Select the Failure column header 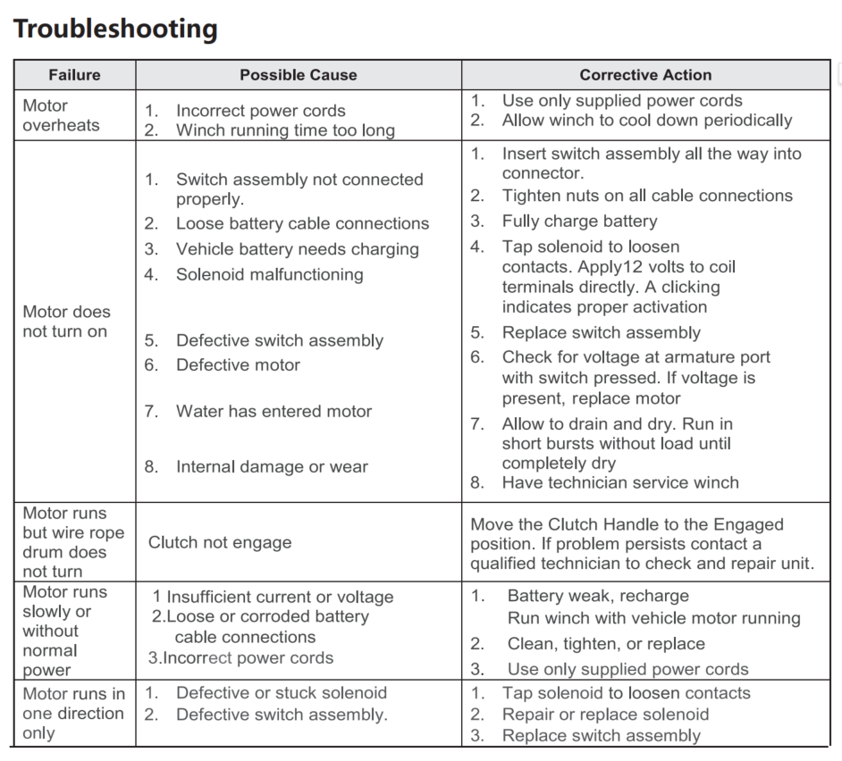tap(74, 75)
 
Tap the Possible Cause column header tap(298, 75)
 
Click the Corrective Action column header tap(645, 75)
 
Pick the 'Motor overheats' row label tap(61, 115)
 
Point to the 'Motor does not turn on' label tap(66, 322)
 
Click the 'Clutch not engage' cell tap(220, 542)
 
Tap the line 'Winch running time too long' tap(285, 130)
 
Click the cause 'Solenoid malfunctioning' tap(269, 274)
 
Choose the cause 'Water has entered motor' tap(274, 411)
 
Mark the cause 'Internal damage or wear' tap(272, 466)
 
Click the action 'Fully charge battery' tap(579, 221)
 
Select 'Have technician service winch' tap(620, 482)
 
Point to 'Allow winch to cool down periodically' tap(647, 120)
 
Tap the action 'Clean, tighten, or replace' tap(606, 643)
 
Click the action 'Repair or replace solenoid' tap(605, 714)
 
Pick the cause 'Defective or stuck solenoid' tap(282, 692)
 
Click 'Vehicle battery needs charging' tap(298, 249)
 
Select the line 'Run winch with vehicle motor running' tap(653, 617)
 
